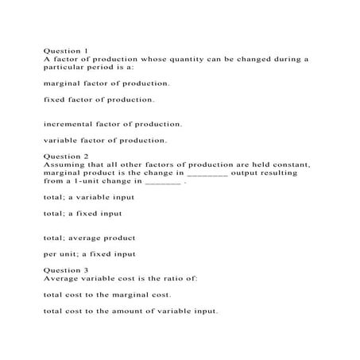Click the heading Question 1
click(x=66, y=50)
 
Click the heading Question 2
click(x=66, y=156)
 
